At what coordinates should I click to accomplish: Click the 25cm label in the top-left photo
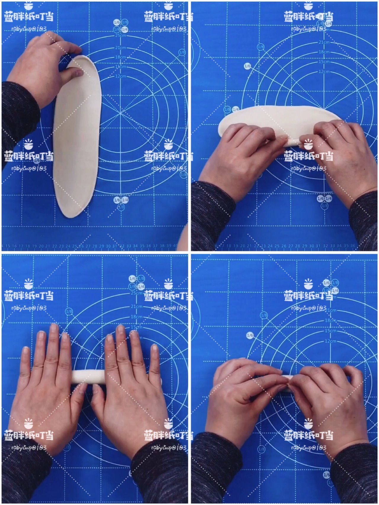coord(121,36)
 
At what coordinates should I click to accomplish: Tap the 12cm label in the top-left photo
coord(121,76)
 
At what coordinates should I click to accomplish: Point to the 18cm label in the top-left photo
coord(121,57)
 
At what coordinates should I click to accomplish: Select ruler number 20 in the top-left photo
coord(41,246)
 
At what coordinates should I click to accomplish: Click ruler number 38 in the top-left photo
coord(162,246)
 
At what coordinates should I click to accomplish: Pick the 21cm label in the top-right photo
coord(324,42)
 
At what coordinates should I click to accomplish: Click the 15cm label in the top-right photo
coord(324,62)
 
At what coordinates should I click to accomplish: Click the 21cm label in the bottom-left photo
coord(136,307)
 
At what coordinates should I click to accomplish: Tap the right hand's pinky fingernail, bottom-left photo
coord(155,348)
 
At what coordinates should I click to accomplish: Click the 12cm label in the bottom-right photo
coord(330,341)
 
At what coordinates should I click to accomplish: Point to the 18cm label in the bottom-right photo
coord(330,320)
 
